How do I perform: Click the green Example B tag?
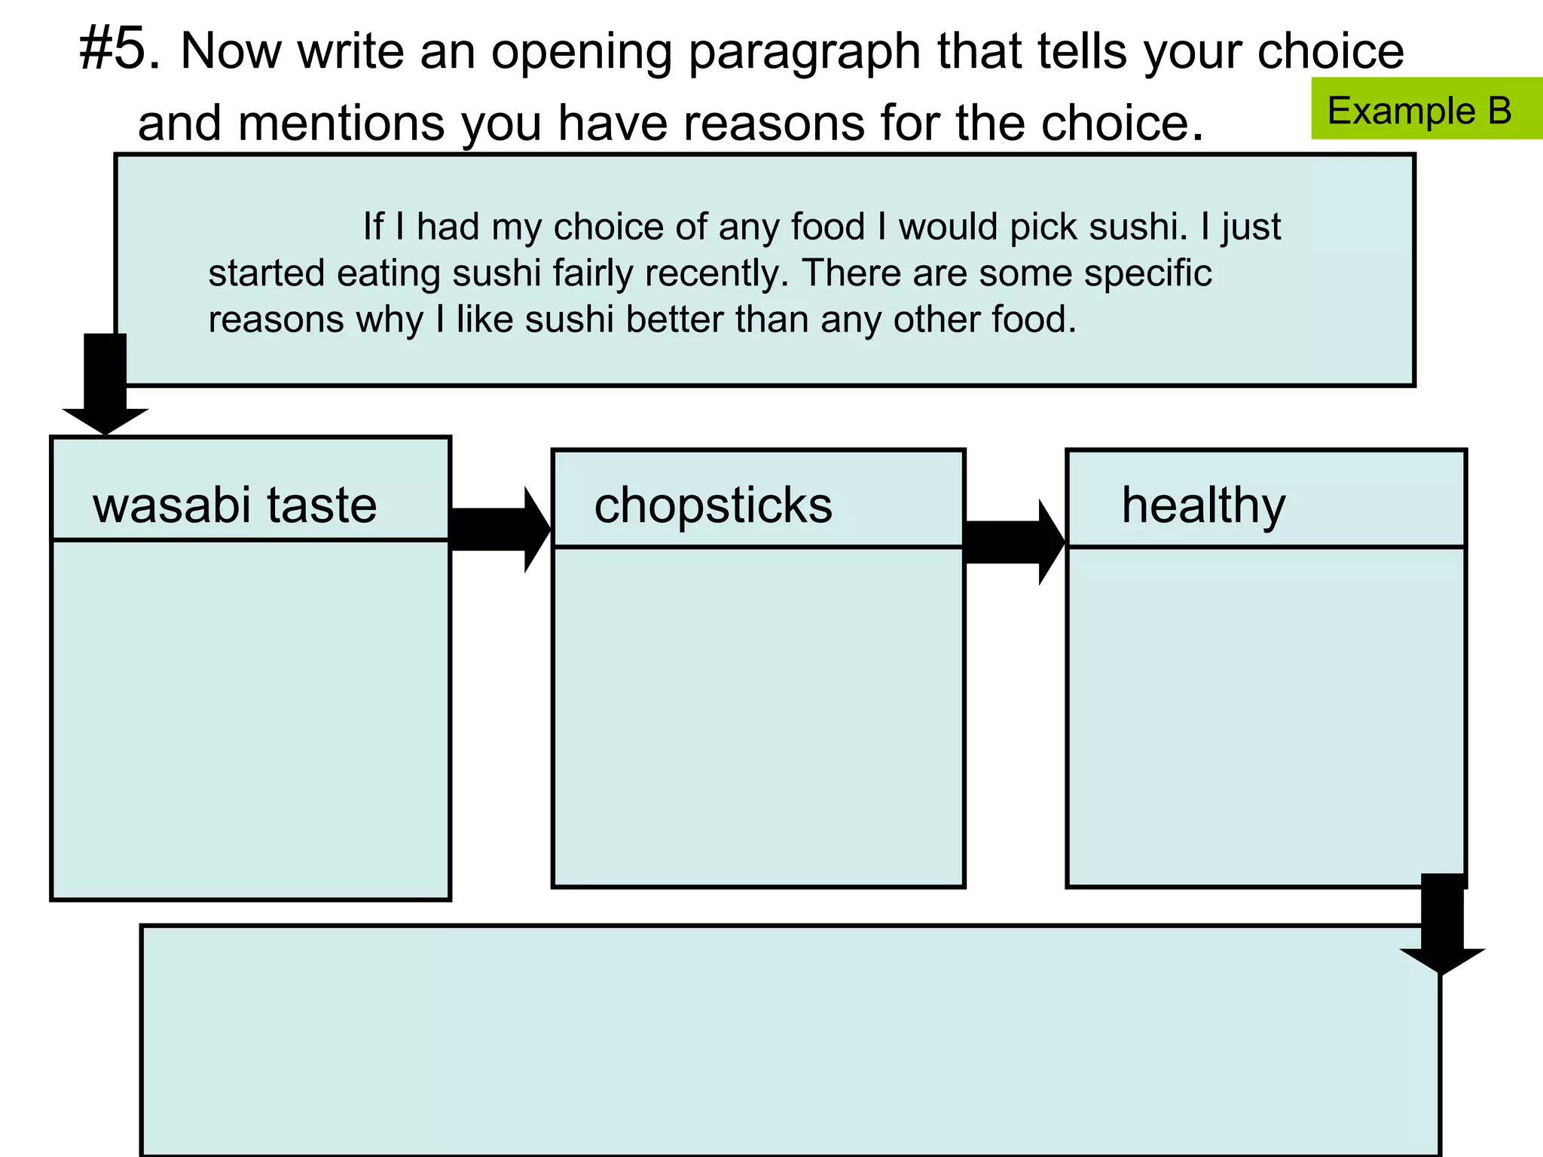[1420, 110]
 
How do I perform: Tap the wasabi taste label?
[234, 505]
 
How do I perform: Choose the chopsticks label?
[713, 505]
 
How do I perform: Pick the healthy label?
[1203, 506]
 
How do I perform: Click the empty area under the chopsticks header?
[758, 716]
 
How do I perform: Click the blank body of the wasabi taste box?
[250, 719]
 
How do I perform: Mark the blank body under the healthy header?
[1266, 716]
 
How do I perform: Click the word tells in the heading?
[1083, 51]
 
